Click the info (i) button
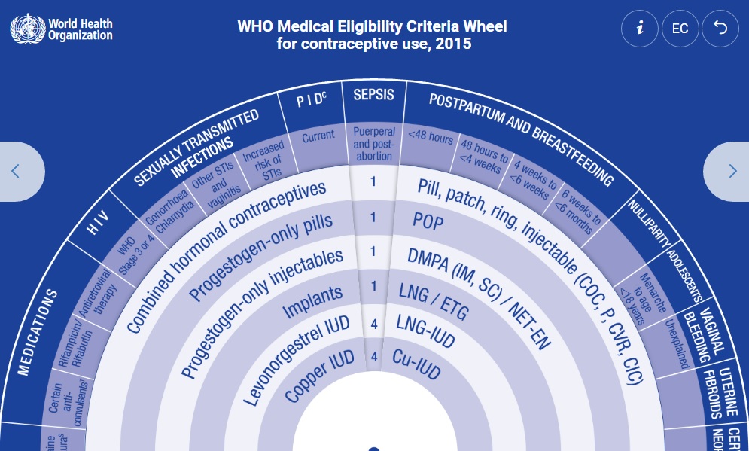(640, 29)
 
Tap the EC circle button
(680, 29)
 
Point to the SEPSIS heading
(373, 96)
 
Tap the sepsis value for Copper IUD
(374, 358)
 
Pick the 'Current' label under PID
(318, 138)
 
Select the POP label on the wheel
(428, 221)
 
